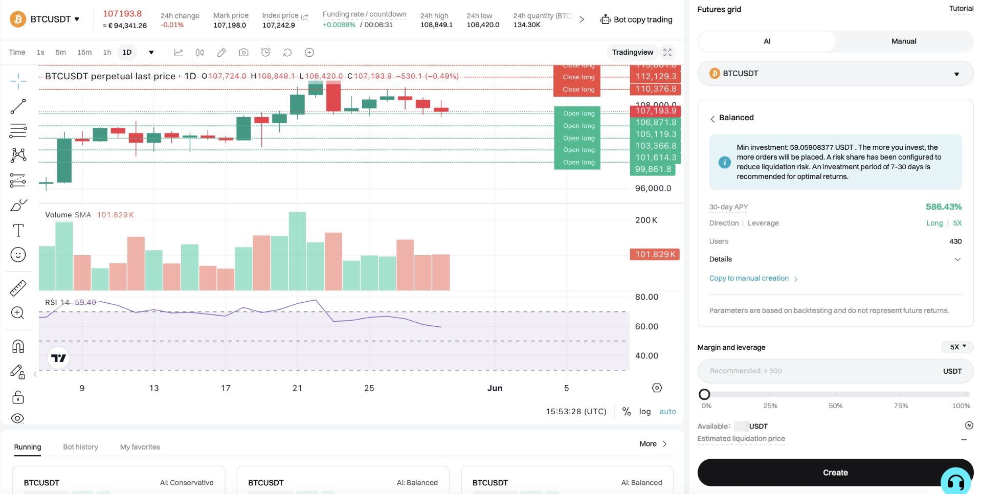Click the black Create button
(x=835, y=473)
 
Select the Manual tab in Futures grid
(x=904, y=41)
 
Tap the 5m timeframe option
(x=61, y=52)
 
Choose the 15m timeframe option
(x=84, y=52)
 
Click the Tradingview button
(x=633, y=52)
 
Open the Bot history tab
(x=80, y=447)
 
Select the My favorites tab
(x=140, y=447)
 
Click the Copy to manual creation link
(x=749, y=278)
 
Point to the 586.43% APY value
(x=944, y=207)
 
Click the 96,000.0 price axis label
(x=653, y=188)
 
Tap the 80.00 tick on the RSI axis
(x=646, y=297)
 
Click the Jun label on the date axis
(x=495, y=388)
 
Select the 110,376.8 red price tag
(x=655, y=89)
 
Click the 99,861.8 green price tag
(x=653, y=169)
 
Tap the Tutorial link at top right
(x=961, y=9)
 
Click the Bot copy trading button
(x=637, y=19)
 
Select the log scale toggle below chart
(x=645, y=412)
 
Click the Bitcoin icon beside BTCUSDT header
(x=18, y=19)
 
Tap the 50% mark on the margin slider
(x=835, y=394)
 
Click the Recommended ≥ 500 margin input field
(x=835, y=371)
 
